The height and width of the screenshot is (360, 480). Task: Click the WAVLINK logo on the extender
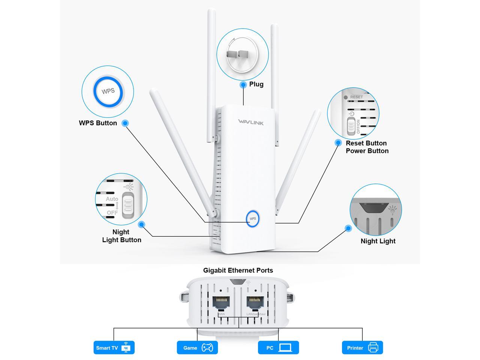click(x=250, y=122)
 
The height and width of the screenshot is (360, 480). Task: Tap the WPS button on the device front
click(x=253, y=219)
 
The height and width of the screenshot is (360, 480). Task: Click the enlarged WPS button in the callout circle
click(x=108, y=91)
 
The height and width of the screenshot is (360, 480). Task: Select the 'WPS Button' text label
click(x=98, y=123)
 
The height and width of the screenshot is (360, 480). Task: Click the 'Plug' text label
click(x=256, y=84)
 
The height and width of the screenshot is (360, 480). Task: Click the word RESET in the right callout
click(x=356, y=97)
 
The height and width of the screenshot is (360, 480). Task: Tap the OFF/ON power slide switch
click(x=351, y=126)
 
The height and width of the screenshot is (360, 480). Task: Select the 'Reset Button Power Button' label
click(x=367, y=147)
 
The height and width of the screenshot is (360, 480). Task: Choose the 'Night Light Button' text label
click(x=121, y=236)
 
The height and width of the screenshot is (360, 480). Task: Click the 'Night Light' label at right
click(x=378, y=241)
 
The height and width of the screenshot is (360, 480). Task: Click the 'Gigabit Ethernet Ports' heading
click(x=238, y=270)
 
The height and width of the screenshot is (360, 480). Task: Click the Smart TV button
click(x=114, y=348)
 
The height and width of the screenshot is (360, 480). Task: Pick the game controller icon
click(x=207, y=348)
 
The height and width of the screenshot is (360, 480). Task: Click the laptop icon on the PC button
click(x=285, y=348)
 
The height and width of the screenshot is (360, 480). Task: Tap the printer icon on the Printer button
click(x=373, y=348)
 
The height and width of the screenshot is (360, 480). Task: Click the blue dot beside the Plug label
click(x=243, y=84)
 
